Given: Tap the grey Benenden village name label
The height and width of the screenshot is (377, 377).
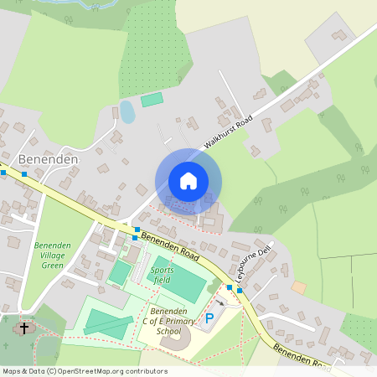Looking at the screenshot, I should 48,159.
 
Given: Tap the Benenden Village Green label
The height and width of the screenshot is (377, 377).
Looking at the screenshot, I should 52,256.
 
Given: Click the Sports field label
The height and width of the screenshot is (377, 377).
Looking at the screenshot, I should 162,276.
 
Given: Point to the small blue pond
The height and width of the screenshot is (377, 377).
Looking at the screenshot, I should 127,111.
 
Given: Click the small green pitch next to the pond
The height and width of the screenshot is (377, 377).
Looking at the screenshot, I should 152,100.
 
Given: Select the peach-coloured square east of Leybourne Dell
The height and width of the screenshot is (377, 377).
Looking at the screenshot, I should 299,287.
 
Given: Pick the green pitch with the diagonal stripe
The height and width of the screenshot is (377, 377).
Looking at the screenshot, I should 108,323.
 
